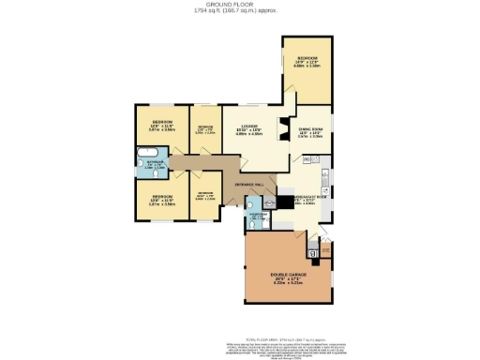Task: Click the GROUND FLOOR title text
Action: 240,4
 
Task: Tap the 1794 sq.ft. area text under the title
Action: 240,10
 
